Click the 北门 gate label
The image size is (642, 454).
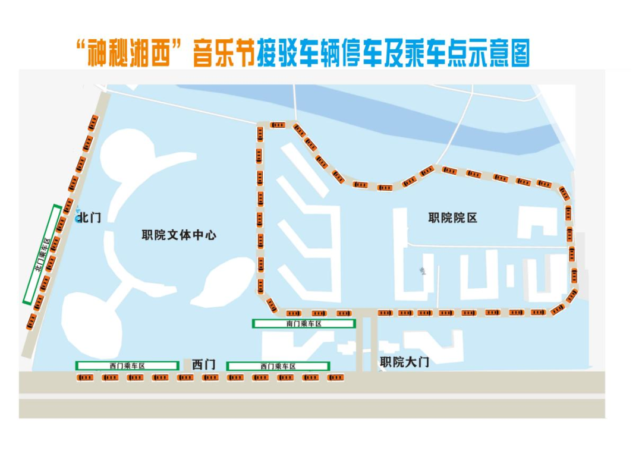coord(89,217)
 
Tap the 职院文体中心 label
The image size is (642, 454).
coord(179,235)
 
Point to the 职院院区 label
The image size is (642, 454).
coord(453,217)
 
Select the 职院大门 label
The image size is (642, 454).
coord(405,362)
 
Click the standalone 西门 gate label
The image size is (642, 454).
coord(203,364)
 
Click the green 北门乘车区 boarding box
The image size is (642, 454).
coord(42,254)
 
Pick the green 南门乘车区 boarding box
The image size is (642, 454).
coord(304,324)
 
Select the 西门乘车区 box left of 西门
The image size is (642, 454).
coord(127,365)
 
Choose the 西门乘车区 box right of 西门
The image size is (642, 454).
coord(278,366)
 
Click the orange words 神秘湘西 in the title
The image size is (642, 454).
coord(128,53)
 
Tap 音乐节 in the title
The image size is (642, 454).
coord(224,53)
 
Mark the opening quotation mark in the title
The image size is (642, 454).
coord(81,46)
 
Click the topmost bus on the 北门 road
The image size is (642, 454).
coord(93,123)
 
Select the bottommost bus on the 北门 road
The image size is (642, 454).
coord(32,321)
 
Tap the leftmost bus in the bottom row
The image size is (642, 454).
coord(85,377)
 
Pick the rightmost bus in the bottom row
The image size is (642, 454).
coord(335,377)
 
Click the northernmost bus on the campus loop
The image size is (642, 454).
coord(278,125)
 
